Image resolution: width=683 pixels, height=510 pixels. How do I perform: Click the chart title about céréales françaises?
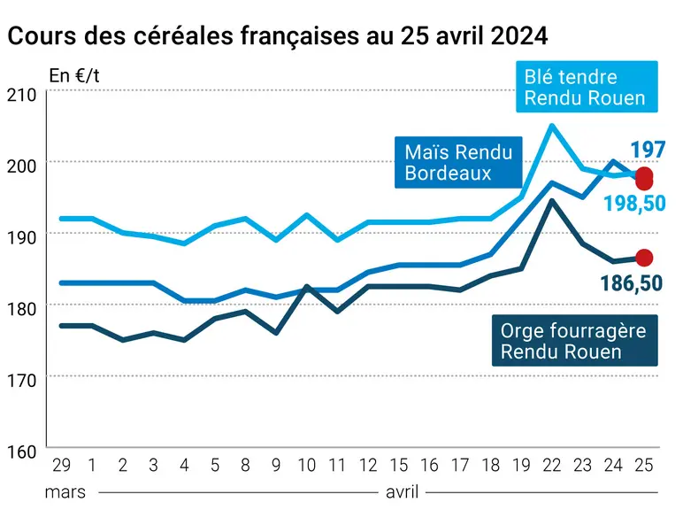[x=278, y=35]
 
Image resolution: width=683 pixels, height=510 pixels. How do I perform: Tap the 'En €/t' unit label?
[x=74, y=76]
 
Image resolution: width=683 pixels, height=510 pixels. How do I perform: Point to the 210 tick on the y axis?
[x=22, y=95]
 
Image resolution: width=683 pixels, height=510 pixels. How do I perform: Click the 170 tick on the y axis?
[x=22, y=381]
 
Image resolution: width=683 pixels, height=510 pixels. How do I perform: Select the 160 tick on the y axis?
[x=22, y=452]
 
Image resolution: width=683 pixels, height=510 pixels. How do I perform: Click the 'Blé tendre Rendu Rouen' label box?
[x=587, y=87]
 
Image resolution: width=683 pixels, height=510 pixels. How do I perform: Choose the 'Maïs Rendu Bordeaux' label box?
[x=458, y=163]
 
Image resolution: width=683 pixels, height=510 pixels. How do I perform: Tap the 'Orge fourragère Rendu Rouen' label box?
[x=574, y=340]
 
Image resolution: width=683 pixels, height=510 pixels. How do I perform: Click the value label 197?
[x=648, y=150]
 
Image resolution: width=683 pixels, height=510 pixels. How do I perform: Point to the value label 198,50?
[x=634, y=203]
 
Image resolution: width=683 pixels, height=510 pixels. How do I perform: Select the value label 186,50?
[x=632, y=283]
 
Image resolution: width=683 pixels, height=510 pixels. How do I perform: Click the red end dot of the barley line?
[x=644, y=258]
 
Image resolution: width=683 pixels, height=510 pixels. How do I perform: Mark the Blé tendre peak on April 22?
[x=552, y=126]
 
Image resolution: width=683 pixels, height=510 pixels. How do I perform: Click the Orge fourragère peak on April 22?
[x=552, y=201]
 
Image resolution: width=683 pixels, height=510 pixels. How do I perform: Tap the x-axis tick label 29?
[x=61, y=466]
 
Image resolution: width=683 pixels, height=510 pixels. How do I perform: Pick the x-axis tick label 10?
[x=307, y=466]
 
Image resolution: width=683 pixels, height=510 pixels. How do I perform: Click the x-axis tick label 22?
[x=552, y=466]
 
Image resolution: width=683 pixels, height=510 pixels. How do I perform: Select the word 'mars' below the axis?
[x=65, y=492]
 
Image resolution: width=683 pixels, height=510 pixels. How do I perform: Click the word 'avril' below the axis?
[x=402, y=492]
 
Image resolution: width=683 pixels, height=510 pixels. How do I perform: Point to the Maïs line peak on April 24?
[x=613, y=162]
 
